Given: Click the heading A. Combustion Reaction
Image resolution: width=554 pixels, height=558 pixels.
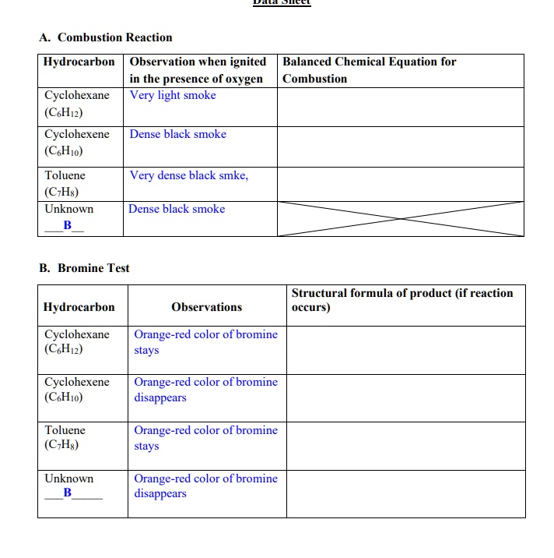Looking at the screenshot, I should click(106, 37).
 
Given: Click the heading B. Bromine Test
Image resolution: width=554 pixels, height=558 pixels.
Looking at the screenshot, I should click(84, 268).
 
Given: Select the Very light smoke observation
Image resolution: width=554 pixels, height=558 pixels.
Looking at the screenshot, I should click(173, 95).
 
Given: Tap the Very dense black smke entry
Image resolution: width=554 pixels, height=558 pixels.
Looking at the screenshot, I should click(189, 175).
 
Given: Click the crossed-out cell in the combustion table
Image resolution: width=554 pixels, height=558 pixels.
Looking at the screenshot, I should click(401, 218).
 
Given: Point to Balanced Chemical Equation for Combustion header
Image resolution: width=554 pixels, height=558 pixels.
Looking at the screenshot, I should click(369, 70).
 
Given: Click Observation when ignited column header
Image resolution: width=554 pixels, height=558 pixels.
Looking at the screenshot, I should click(198, 70).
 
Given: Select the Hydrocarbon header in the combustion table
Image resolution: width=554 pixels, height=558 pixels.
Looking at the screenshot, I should click(79, 62).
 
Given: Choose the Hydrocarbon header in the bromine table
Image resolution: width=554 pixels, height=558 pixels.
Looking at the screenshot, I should click(79, 307).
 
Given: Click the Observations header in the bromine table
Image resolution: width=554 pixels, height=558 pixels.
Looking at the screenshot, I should click(206, 307).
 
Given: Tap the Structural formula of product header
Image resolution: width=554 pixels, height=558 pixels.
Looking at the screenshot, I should click(401, 300).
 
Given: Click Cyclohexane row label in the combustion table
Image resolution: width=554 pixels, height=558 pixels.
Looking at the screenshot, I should click(77, 95).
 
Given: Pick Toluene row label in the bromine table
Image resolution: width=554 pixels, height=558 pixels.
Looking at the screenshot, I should click(65, 430).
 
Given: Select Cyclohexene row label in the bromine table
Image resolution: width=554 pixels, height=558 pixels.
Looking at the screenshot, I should click(77, 382).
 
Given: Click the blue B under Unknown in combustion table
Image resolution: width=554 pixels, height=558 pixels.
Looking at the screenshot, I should click(67, 224).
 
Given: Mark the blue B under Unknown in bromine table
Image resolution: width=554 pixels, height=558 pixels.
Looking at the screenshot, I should click(67, 493).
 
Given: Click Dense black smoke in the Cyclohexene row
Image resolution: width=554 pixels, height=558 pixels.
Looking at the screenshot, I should click(177, 134).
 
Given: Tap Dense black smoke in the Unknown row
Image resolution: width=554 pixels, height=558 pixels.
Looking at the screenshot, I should click(177, 209).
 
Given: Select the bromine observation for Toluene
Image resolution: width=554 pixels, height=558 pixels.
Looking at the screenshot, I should click(205, 438).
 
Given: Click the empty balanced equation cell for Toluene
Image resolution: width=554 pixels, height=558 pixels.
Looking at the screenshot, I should click(401, 183).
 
